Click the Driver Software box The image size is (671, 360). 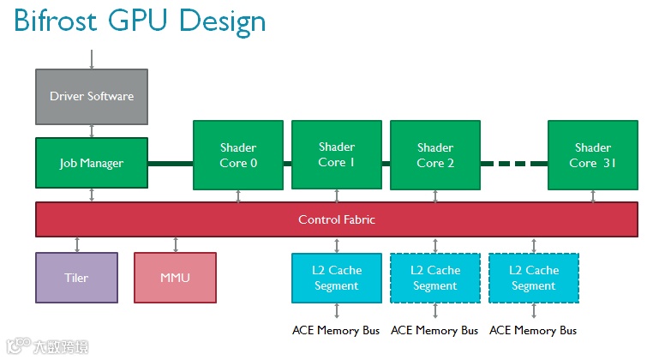click(92, 97)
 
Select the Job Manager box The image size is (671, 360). click(92, 163)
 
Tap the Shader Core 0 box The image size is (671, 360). click(238, 155)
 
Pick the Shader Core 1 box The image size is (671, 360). click(337, 154)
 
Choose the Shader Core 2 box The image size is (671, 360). click(435, 155)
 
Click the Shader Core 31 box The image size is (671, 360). click(593, 155)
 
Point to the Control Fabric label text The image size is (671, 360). click(337, 219)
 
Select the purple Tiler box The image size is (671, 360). click(76, 278)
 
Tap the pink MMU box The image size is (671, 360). click(175, 278)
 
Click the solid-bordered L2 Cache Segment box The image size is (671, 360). click(337, 279)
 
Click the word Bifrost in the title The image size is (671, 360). click(55, 21)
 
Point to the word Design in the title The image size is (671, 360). click(222, 21)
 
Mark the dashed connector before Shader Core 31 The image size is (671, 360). click(514, 164)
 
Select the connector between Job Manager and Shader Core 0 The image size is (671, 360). click(171, 164)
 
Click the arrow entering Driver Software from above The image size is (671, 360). click(92, 59)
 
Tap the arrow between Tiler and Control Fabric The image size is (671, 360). click(77, 244)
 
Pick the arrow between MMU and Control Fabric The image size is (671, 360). click(176, 244)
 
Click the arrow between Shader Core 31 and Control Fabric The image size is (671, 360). click(593, 196)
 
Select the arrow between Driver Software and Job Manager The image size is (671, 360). click(92, 131)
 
